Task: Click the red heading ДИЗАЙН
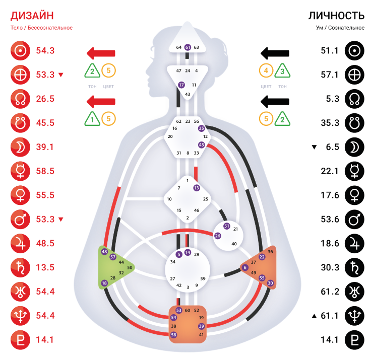31,16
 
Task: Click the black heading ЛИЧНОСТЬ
336,16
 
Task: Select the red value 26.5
45,99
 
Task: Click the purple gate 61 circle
188,47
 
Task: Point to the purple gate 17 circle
181,85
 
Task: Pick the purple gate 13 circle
197,188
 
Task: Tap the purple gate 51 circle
226,226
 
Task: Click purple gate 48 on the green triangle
104,251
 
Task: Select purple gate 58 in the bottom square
174,335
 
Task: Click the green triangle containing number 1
92,119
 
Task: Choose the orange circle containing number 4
267,71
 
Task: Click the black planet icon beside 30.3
354,267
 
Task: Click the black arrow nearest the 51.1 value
275,53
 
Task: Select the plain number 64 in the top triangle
178,47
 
